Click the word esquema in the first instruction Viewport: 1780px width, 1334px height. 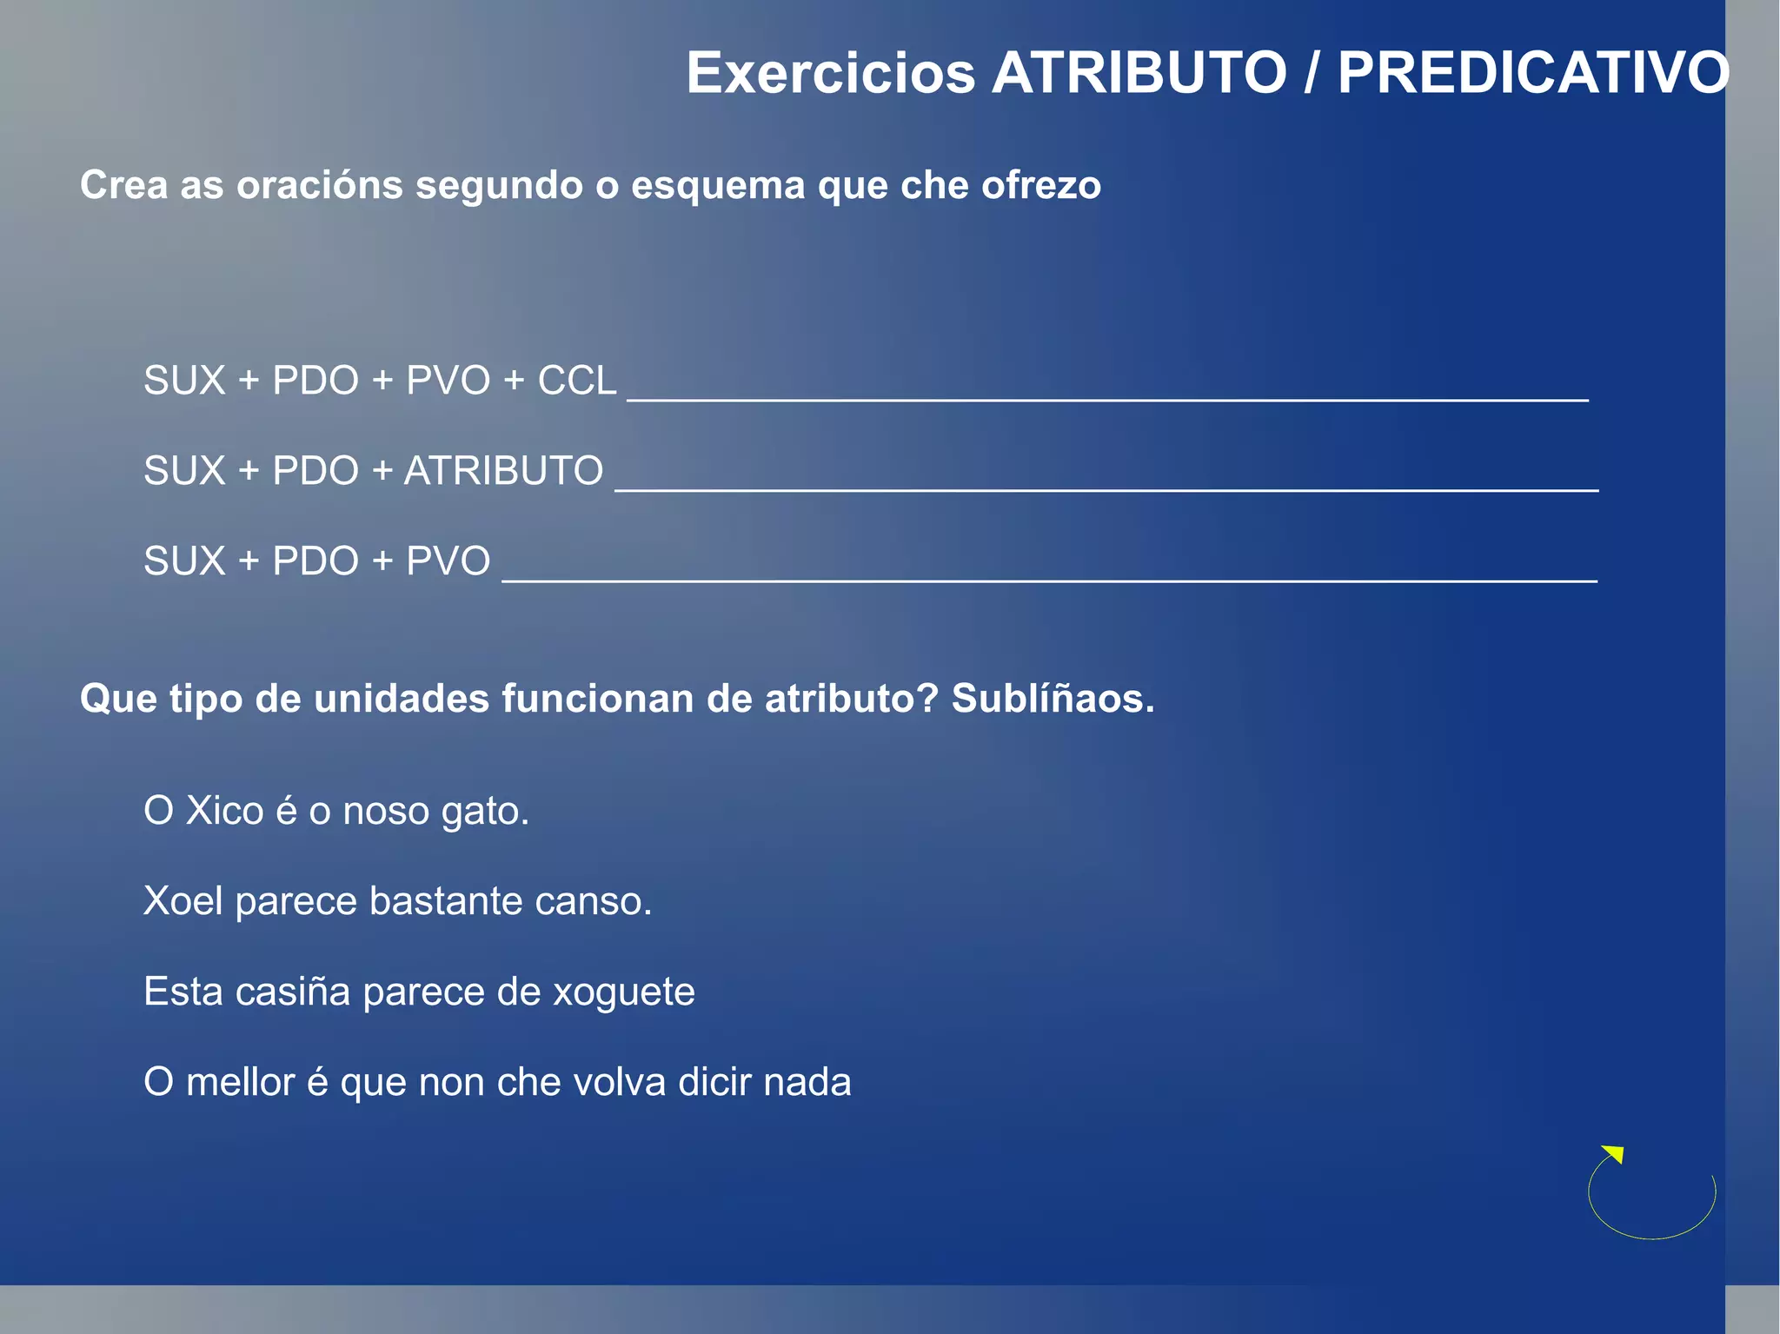tap(718, 185)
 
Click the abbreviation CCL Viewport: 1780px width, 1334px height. tap(577, 381)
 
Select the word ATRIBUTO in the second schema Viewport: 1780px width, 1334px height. tap(503, 471)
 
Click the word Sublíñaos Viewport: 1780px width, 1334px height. tap(1053, 699)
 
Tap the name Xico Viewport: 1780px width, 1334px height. tap(224, 811)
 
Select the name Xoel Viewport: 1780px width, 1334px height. tap(183, 901)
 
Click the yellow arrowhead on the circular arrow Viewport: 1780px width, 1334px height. tap(1614, 1154)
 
